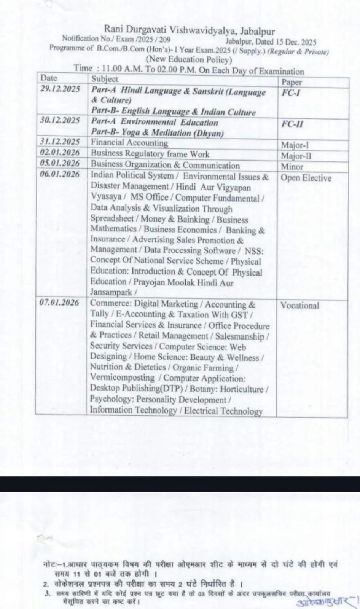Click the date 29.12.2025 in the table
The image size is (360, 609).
[60, 89]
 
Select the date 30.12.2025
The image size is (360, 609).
[60, 120]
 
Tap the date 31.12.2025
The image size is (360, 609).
[60, 142]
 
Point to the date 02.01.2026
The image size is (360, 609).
[60, 153]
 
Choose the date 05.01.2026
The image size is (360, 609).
[60, 163]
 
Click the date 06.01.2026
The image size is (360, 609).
[60, 174]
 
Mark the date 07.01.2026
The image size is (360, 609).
[60, 303]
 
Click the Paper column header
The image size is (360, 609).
[292, 82]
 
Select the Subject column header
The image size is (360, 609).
[105, 79]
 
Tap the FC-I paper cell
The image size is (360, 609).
[291, 93]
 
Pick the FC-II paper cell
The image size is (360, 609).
[292, 124]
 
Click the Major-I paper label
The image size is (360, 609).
[295, 145]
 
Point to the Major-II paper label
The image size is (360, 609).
[296, 156]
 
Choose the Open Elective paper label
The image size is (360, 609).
[306, 178]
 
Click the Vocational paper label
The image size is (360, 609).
[299, 306]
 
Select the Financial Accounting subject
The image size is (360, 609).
[129, 143]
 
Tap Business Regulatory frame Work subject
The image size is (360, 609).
[150, 154]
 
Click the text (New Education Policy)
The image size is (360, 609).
[189, 59]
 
